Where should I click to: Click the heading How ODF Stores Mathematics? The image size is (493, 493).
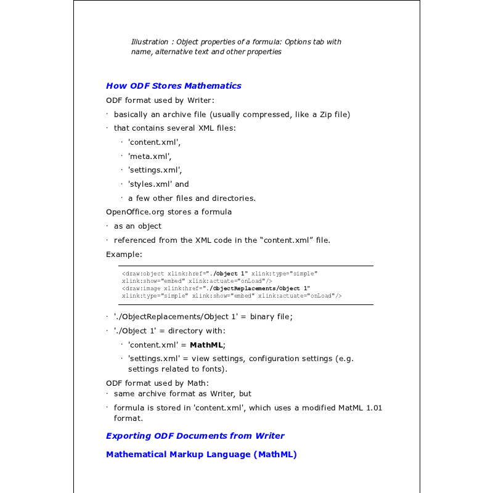(173, 86)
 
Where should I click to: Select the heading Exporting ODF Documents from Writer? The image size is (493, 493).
(195, 436)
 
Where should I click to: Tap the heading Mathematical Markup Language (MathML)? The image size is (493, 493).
(201, 454)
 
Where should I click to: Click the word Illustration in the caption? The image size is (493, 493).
(150, 42)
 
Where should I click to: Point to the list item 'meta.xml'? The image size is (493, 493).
(150, 156)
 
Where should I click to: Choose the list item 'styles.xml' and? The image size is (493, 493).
(158, 184)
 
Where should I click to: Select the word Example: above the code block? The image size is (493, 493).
(124, 254)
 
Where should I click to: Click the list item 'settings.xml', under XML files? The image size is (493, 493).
(155, 169)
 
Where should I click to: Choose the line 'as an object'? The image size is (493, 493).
(137, 226)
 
